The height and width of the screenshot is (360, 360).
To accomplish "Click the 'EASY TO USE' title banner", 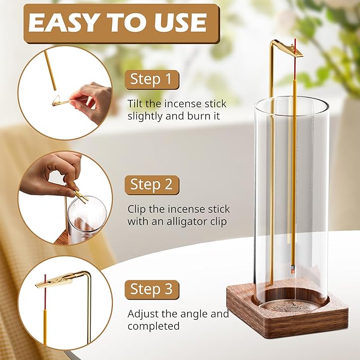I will [118, 22].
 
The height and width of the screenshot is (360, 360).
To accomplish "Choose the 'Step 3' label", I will [152, 289].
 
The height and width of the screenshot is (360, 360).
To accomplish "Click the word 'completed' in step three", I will [153, 326].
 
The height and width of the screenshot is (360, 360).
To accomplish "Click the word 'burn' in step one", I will [186, 116].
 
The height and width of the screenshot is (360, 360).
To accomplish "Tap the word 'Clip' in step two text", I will [137, 208].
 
